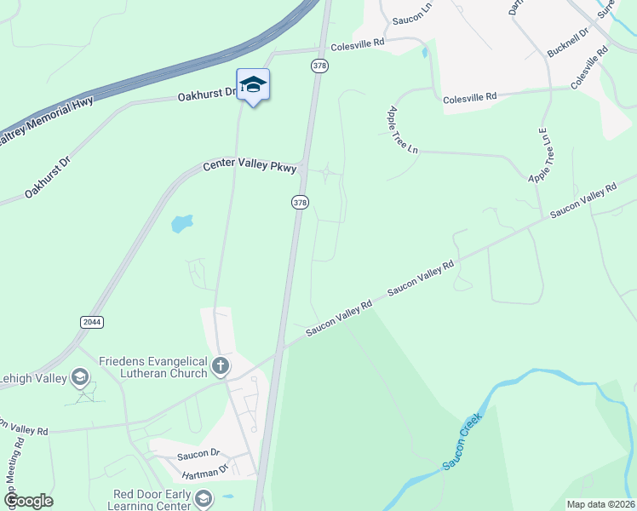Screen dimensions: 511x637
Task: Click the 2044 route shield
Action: (x=92, y=322)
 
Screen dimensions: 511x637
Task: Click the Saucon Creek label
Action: (x=461, y=439)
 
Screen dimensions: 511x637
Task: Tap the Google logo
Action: (x=28, y=501)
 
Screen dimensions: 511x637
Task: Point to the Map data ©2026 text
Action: (x=600, y=504)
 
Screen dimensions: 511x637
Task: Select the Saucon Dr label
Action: (x=198, y=455)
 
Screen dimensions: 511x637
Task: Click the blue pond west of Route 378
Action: (x=181, y=224)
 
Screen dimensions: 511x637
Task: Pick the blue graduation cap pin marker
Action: (x=253, y=85)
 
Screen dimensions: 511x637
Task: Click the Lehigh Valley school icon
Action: (x=80, y=376)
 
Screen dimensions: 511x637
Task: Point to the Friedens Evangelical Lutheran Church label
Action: (x=153, y=367)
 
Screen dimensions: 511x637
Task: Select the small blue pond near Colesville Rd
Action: (x=424, y=52)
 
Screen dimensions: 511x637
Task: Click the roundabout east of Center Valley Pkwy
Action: (x=326, y=175)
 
